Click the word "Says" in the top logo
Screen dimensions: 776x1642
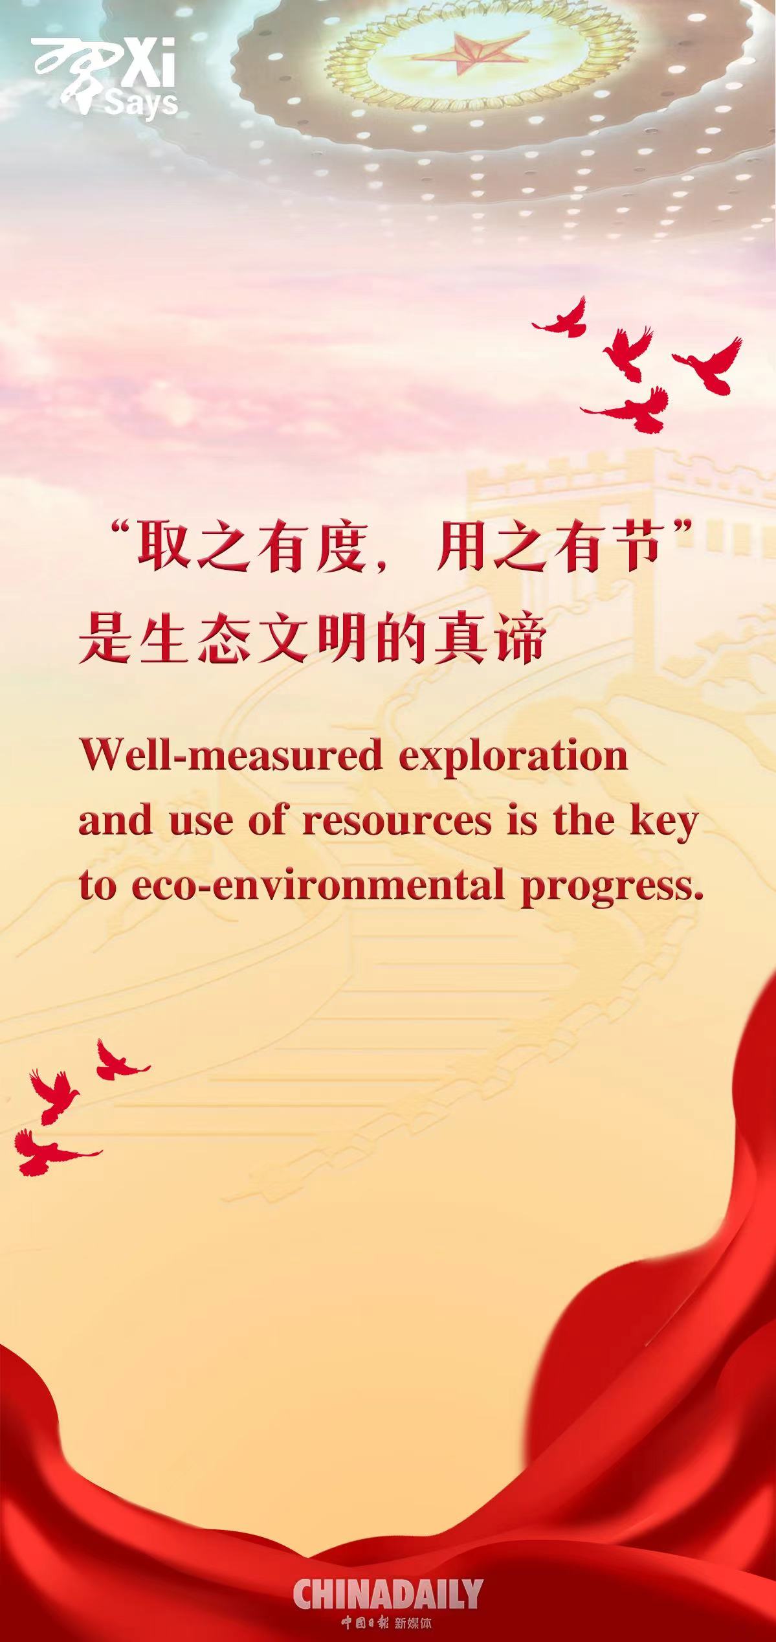point(142,104)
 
